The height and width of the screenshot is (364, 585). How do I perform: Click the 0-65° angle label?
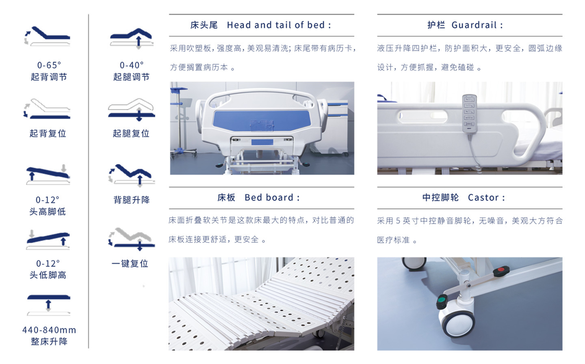49,65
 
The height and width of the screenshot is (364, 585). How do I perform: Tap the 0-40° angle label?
132,65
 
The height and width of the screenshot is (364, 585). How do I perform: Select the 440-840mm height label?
49,330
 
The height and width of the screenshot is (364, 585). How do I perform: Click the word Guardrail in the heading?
474,25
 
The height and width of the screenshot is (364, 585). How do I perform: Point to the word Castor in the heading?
483,198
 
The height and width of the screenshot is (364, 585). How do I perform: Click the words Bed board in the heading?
269,198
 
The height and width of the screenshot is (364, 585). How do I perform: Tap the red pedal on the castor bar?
501,271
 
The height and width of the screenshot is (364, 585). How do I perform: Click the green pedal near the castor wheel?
442,302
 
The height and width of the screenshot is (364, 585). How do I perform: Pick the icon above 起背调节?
47,36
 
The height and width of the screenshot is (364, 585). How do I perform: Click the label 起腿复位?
131,134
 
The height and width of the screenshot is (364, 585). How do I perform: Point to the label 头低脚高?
48,275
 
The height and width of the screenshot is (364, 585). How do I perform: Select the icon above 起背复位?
47,108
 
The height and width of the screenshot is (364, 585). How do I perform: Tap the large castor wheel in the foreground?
457,322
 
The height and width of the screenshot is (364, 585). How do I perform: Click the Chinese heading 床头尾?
204,25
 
